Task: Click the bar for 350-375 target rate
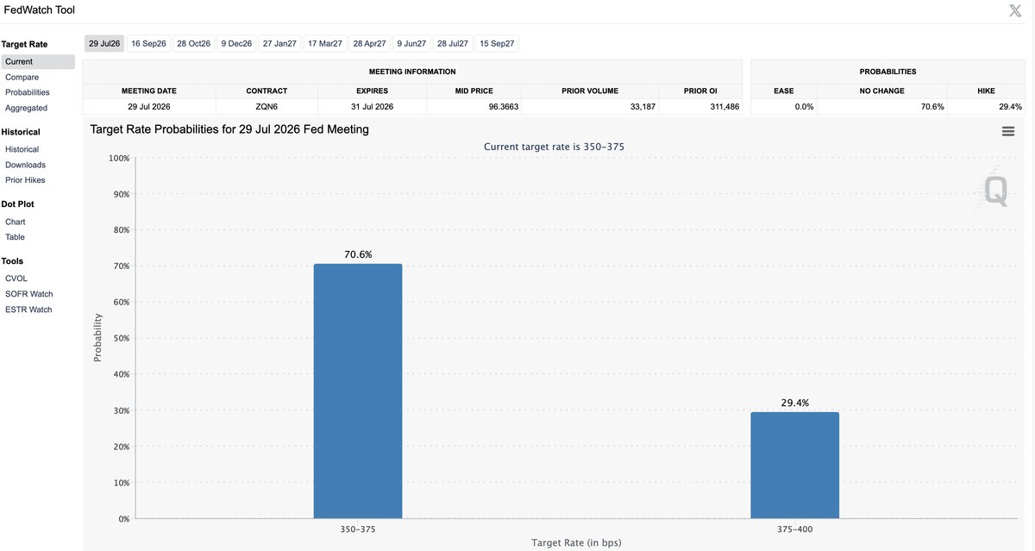tap(358, 391)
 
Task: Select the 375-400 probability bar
tap(794, 465)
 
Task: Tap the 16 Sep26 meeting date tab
tap(148, 43)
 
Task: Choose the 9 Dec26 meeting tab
tap(236, 43)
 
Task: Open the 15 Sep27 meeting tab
tap(497, 43)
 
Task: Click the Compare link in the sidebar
tap(22, 77)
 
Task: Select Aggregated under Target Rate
tap(27, 108)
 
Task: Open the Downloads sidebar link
tap(25, 165)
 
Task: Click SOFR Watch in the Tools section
tap(29, 294)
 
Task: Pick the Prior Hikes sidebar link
tap(25, 180)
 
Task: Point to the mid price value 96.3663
tap(504, 107)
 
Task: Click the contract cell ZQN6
tap(267, 107)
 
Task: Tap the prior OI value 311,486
tap(724, 107)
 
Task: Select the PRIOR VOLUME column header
tap(590, 91)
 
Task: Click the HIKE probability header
tap(986, 91)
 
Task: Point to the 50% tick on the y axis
tap(122, 338)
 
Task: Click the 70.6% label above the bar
tap(358, 254)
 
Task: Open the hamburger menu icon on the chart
tap(1008, 132)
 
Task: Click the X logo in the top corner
tap(1015, 10)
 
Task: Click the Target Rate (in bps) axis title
tap(576, 542)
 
